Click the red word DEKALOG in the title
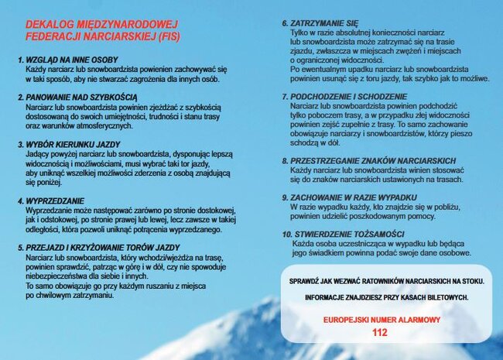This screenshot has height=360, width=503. coord(50,25)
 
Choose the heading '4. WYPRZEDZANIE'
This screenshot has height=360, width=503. coord(50,201)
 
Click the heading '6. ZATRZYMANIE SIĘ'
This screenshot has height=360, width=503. coord(320,23)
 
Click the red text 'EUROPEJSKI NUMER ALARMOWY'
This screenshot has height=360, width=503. coord(382,320)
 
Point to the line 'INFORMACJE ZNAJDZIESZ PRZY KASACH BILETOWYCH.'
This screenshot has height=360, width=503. coord(386,297)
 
